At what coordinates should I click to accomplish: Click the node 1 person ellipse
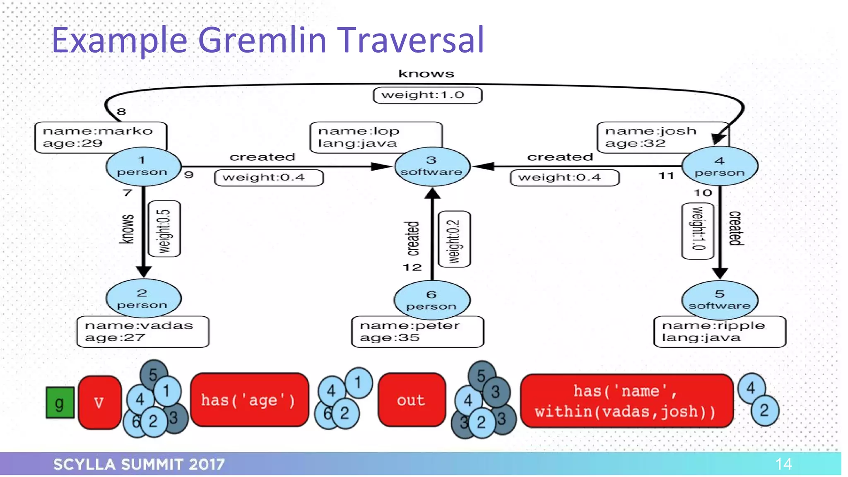(143, 166)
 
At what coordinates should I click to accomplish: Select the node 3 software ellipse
(432, 166)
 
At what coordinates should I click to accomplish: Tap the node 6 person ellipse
(431, 300)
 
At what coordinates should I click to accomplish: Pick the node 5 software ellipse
(720, 300)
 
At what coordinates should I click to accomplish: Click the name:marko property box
(100, 137)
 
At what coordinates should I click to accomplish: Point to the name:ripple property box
(720, 332)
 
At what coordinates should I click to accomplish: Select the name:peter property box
(417, 332)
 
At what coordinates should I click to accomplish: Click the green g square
(60, 402)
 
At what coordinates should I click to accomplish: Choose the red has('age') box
(249, 400)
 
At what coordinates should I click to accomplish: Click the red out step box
(412, 400)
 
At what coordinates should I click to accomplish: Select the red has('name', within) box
(626, 401)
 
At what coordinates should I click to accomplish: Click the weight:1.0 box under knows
(427, 95)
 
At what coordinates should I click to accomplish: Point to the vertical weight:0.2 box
(454, 239)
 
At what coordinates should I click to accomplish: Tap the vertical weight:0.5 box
(164, 229)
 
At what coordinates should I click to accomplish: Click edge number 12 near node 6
(412, 267)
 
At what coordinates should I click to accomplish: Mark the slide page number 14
(783, 464)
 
